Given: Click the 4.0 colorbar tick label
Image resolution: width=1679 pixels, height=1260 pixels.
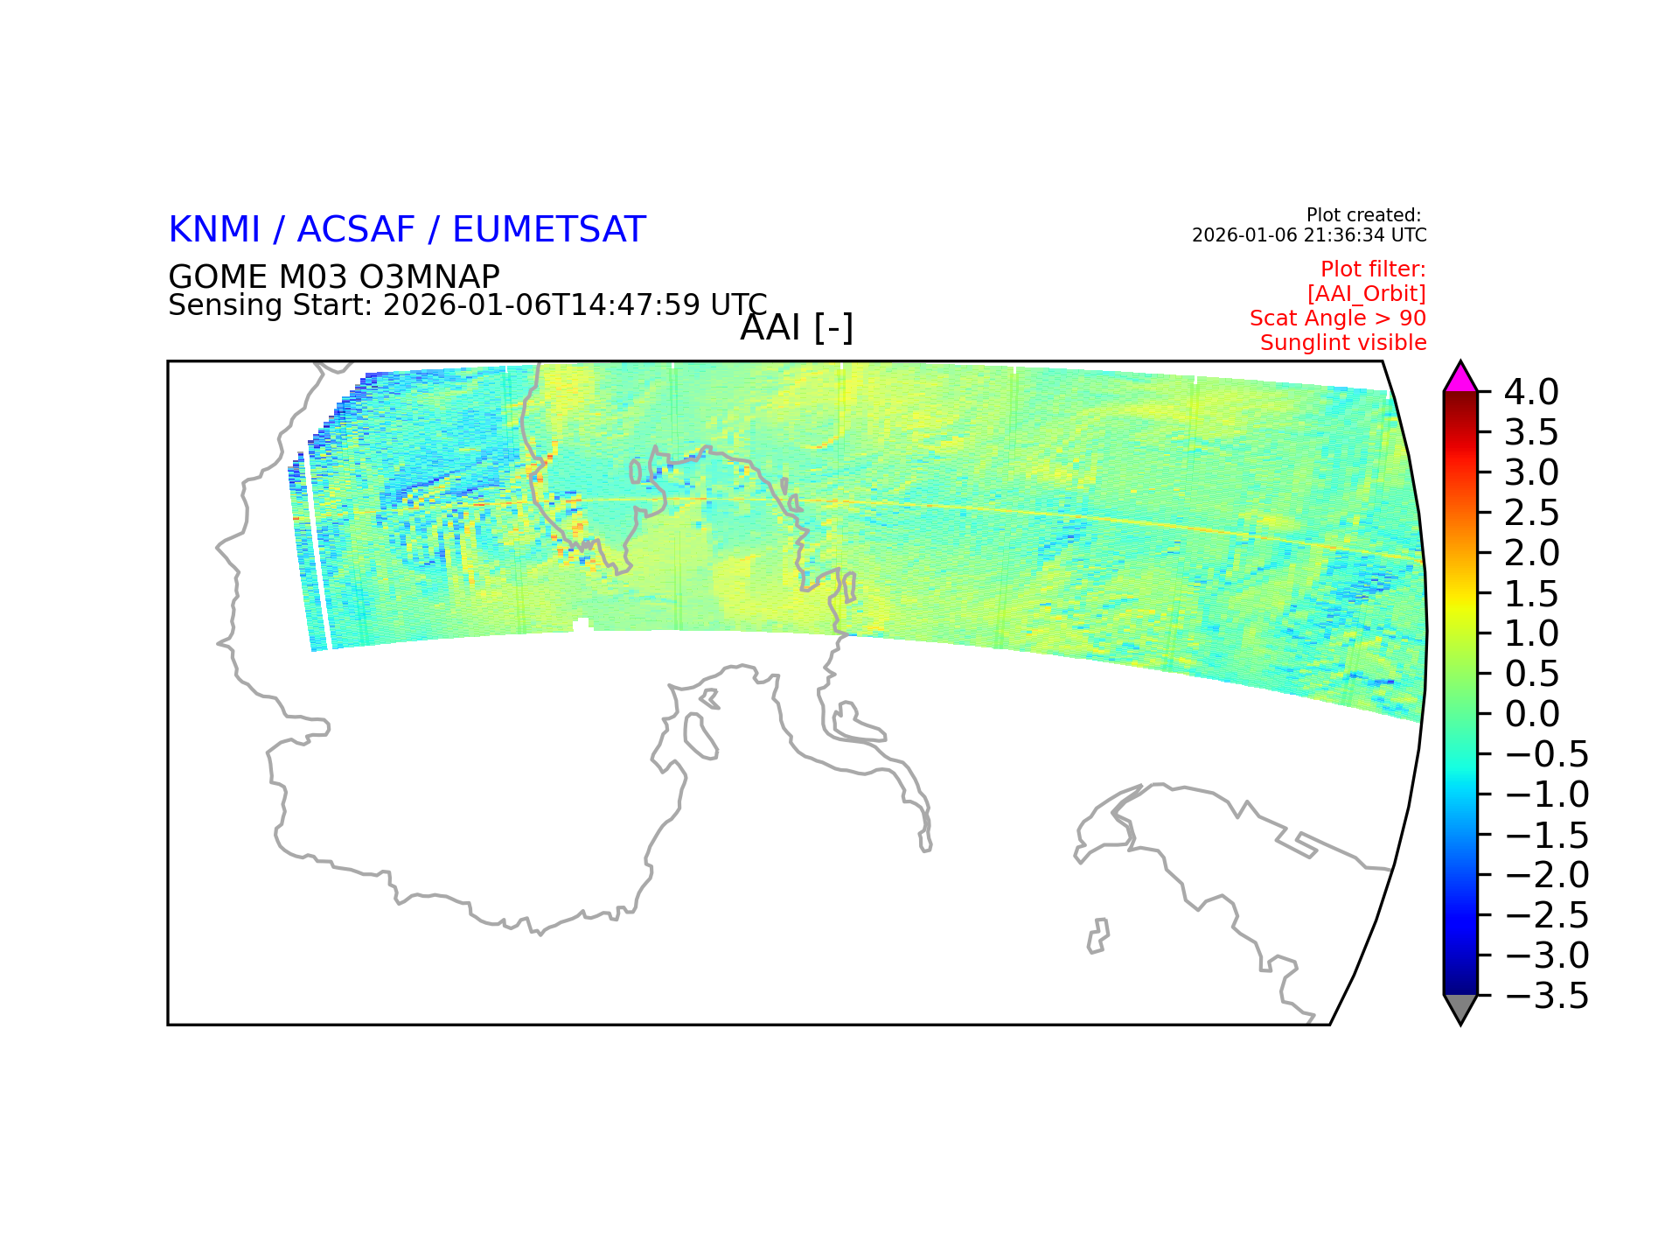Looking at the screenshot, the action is pos(1531,392).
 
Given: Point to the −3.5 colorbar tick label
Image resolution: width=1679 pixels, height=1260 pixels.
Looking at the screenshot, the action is pos(1547,996).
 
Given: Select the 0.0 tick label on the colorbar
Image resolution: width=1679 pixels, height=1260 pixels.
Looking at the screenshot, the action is pos(1531,714).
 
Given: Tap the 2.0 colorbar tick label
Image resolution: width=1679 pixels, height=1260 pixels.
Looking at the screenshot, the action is pos(1531,553).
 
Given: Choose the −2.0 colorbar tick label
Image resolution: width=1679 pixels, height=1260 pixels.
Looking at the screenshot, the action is pos(1547,875).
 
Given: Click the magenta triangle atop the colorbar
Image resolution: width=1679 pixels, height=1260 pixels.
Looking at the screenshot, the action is pos(1460,379).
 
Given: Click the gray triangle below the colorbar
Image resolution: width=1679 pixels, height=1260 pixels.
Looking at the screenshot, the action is pos(1460,1008).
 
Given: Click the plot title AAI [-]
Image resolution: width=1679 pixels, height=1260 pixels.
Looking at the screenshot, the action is pos(797,328).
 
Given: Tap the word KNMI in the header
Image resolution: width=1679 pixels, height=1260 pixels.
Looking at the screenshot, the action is pos(214,229).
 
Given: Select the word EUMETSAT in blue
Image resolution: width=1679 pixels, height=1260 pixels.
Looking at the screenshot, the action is pos(549,229).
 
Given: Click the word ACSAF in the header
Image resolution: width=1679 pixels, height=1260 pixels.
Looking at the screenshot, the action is pos(356,229).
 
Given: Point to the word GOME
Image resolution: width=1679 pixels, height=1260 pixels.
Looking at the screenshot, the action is pos(219,276).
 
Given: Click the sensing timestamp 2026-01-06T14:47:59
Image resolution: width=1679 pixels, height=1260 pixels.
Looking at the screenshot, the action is pos(542,305).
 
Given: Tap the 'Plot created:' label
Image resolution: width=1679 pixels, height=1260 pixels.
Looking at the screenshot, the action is pos(1363,215).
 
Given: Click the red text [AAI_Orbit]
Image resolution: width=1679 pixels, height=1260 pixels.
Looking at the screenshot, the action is pos(1367,294).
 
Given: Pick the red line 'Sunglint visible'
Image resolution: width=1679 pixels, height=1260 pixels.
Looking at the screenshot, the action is pos(1343,343).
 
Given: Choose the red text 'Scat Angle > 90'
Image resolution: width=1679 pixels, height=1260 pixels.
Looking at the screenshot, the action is pos(1338,318).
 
